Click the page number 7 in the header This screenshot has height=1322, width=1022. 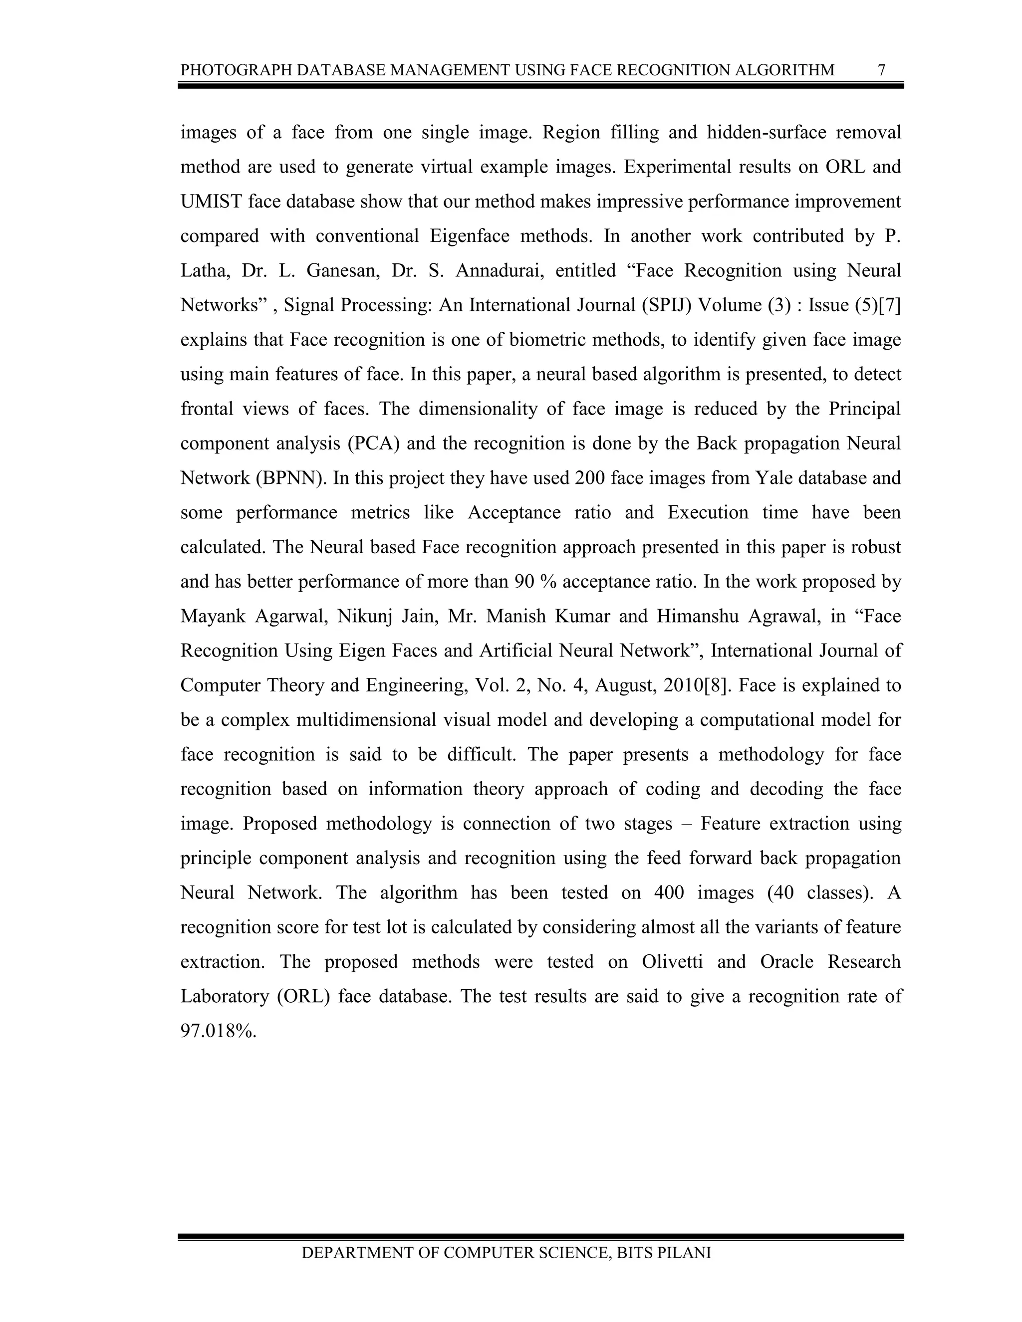tap(882, 70)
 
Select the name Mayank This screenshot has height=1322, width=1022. tap(213, 617)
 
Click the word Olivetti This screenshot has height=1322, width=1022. tap(672, 962)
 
